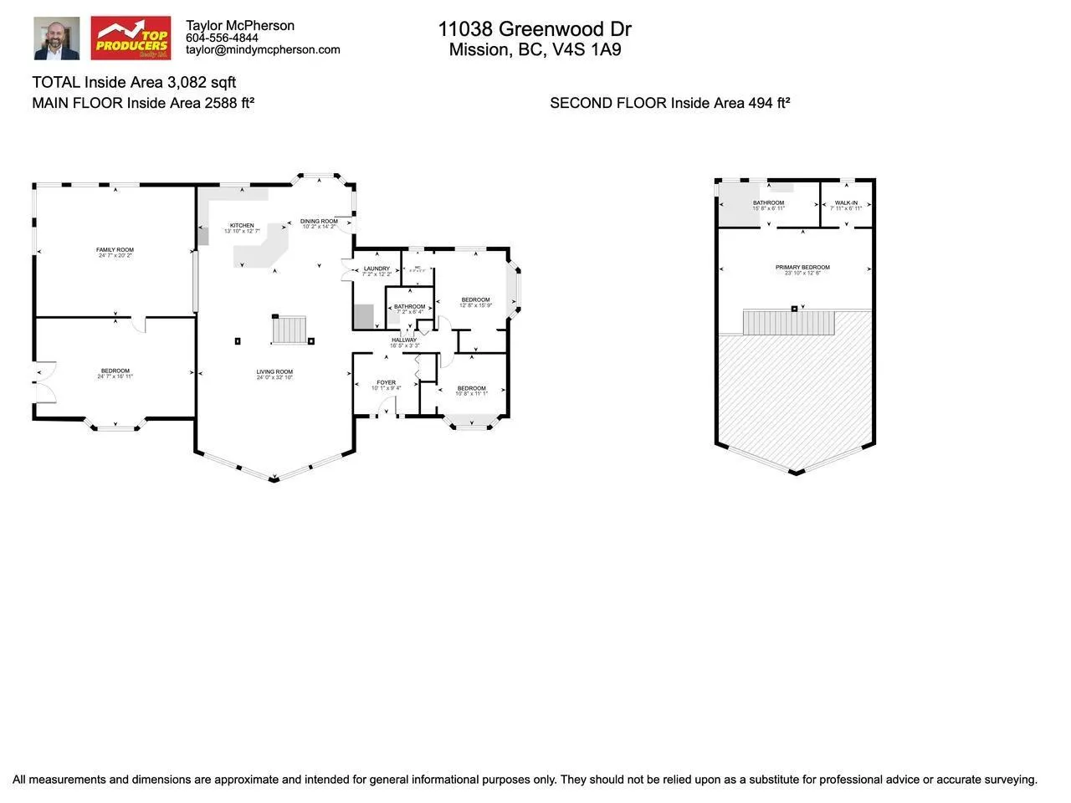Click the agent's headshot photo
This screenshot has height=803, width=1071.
click(57, 38)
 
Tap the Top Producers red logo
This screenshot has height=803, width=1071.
click(131, 38)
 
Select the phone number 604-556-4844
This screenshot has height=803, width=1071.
click(222, 38)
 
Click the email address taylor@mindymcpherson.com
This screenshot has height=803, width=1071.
click(263, 49)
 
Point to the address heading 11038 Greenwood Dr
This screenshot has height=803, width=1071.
click(535, 28)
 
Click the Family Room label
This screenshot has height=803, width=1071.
click(115, 250)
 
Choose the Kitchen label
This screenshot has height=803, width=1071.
click(242, 226)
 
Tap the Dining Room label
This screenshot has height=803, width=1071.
click(319, 222)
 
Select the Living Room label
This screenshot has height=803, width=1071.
click(274, 372)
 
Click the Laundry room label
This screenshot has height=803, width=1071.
click(377, 269)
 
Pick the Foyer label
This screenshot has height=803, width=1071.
click(386, 383)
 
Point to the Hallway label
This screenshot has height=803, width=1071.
click(404, 340)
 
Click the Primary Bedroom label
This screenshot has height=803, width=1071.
click(802, 268)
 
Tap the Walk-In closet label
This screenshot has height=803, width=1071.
click(846, 203)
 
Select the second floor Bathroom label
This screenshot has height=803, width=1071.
click(768, 203)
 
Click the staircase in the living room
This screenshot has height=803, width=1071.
click(290, 330)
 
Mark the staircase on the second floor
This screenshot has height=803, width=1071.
click(789, 323)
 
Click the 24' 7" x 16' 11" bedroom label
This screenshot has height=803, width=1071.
click(115, 377)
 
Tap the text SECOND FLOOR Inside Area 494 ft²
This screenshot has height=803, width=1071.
click(669, 103)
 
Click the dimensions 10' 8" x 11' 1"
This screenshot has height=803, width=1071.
click(471, 394)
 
